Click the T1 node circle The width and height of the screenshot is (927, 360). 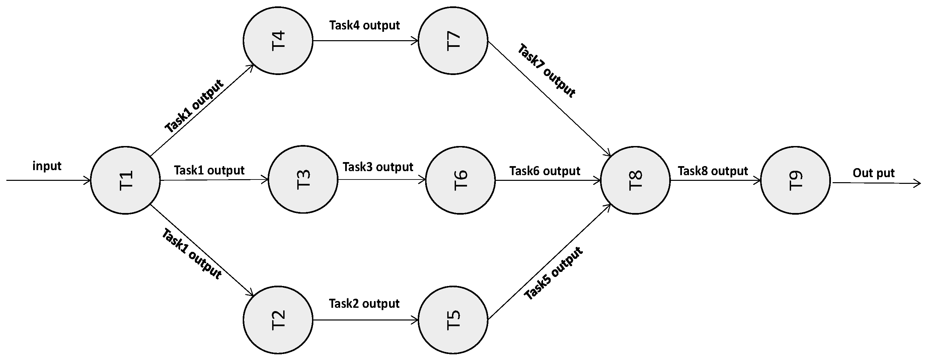click(x=126, y=181)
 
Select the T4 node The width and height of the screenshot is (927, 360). click(x=278, y=41)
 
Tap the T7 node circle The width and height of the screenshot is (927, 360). click(x=453, y=41)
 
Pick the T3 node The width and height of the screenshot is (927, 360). click(x=303, y=179)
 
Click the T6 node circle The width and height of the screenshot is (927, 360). click(x=461, y=180)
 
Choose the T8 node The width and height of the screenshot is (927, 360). click(x=635, y=181)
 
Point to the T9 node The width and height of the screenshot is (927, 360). click(x=796, y=181)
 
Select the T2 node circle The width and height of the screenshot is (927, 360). click(x=278, y=320)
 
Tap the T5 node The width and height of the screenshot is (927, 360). click(x=453, y=320)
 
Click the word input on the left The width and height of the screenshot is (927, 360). click(x=47, y=166)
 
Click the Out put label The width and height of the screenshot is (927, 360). click(x=873, y=173)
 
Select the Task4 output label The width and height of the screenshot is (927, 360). click(x=364, y=25)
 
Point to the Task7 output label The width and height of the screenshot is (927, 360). click(x=547, y=71)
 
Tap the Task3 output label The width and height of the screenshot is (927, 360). click(x=378, y=167)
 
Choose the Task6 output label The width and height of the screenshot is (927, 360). click(x=544, y=171)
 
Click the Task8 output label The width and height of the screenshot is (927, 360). click(x=713, y=171)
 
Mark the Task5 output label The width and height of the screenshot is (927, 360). click(x=553, y=273)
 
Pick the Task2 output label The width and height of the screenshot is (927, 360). click(x=364, y=303)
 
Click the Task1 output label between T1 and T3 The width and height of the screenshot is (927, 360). click(x=209, y=170)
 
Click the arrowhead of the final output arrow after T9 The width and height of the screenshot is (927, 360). click(x=918, y=184)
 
